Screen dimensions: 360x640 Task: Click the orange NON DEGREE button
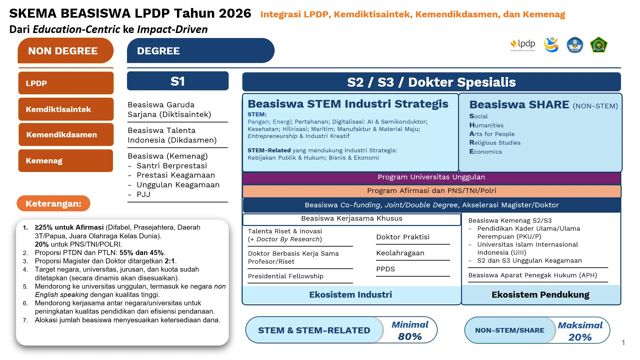tap(65, 51)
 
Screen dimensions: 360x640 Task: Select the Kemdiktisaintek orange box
tap(66, 109)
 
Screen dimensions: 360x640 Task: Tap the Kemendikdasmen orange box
tap(66, 135)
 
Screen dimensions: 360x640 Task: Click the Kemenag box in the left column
tap(65, 161)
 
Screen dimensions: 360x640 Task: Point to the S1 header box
tap(178, 81)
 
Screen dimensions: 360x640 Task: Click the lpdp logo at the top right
tap(523, 45)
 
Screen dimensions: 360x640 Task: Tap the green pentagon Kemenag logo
tap(599, 45)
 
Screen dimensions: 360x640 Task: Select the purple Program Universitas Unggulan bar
tap(431, 177)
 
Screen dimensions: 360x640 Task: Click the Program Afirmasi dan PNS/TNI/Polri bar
tap(431, 191)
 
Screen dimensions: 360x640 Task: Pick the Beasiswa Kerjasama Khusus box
tap(352, 219)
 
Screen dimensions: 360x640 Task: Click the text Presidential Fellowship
tap(286, 276)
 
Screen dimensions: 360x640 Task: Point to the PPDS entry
tap(386, 269)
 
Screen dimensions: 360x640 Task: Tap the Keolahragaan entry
tap(400, 253)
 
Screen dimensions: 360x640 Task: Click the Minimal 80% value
tap(410, 331)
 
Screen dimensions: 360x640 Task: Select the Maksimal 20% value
tap(580, 331)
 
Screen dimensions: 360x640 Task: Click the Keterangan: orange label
tap(53, 204)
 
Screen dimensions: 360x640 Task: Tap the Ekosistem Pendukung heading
tap(540, 295)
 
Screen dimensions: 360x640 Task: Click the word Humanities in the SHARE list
tap(486, 125)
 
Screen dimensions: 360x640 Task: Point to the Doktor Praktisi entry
tap(403, 237)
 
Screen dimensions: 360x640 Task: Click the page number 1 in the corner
tap(623, 343)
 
